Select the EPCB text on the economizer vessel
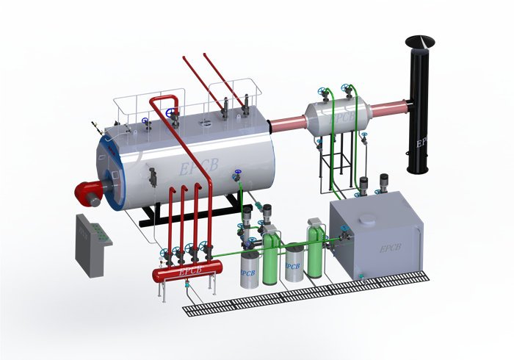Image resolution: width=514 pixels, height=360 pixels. [x=341, y=118]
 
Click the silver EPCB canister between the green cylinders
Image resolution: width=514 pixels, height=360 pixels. [x=294, y=263]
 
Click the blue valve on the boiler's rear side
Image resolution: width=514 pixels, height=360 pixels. [x=236, y=176]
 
